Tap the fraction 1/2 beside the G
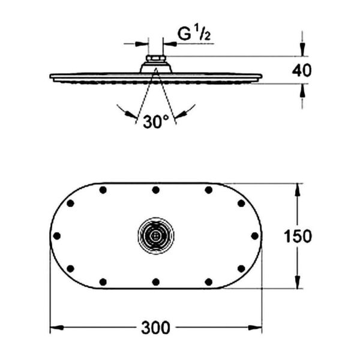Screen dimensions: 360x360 coord(202,35)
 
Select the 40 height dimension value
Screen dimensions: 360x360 coord(302,70)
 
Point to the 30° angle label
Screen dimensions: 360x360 coord(156,122)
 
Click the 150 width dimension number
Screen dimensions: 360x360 coord(298,236)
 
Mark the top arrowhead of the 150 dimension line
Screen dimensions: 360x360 coord(298,188)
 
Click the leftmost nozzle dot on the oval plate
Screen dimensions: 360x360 coord(58,236)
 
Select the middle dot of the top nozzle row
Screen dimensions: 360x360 coord(155,190)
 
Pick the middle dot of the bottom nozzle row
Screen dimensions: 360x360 coord(155,281)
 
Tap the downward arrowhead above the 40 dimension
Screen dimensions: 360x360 coord(302,52)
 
